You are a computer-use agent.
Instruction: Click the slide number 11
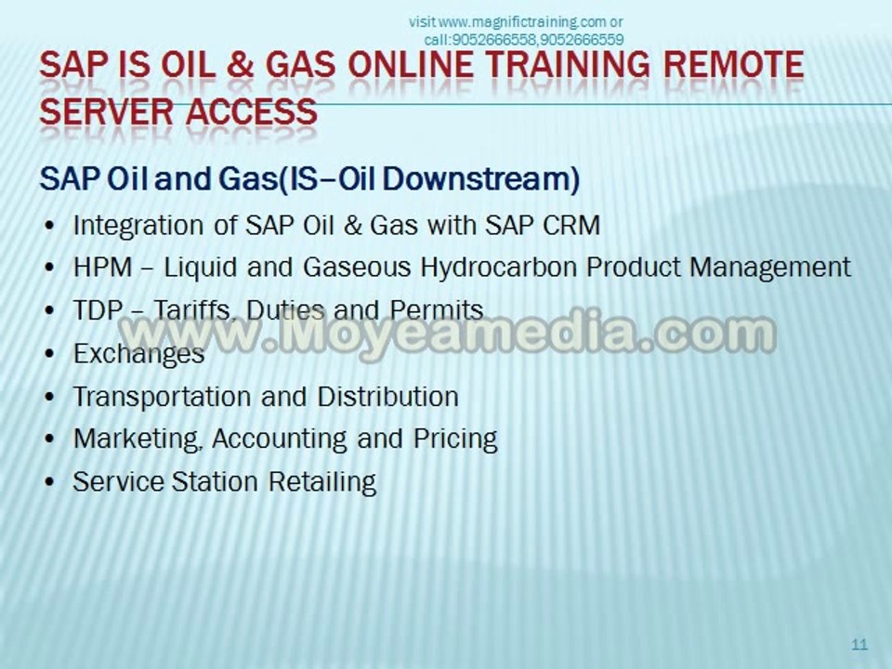pos(859,644)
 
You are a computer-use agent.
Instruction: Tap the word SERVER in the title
pos(106,111)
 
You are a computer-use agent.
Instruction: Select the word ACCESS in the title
pos(252,111)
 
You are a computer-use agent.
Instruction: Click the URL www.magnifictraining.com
pos(523,22)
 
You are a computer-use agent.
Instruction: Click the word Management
pos(769,268)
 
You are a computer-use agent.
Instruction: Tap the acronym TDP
pos(98,310)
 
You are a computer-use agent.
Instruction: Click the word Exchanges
pos(138,354)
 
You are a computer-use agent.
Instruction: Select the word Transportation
pos(162,397)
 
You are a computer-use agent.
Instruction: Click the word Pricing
pos(455,439)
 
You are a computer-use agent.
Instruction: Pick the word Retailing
pos(322,482)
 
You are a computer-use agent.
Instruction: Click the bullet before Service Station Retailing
pos(49,483)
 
